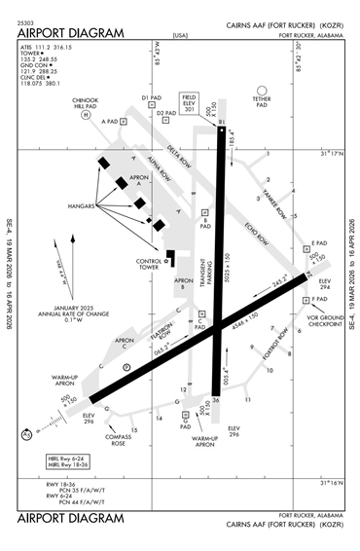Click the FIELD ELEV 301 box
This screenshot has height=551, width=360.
pyautogui.click(x=191, y=104)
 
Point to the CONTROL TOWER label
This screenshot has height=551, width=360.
pyautogui.click(x=149, y=264)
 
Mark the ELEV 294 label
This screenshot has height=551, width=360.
pyautogui.click(x=325, y=284)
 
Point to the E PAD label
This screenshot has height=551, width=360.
pyautogui.click(x=317, y=242)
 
